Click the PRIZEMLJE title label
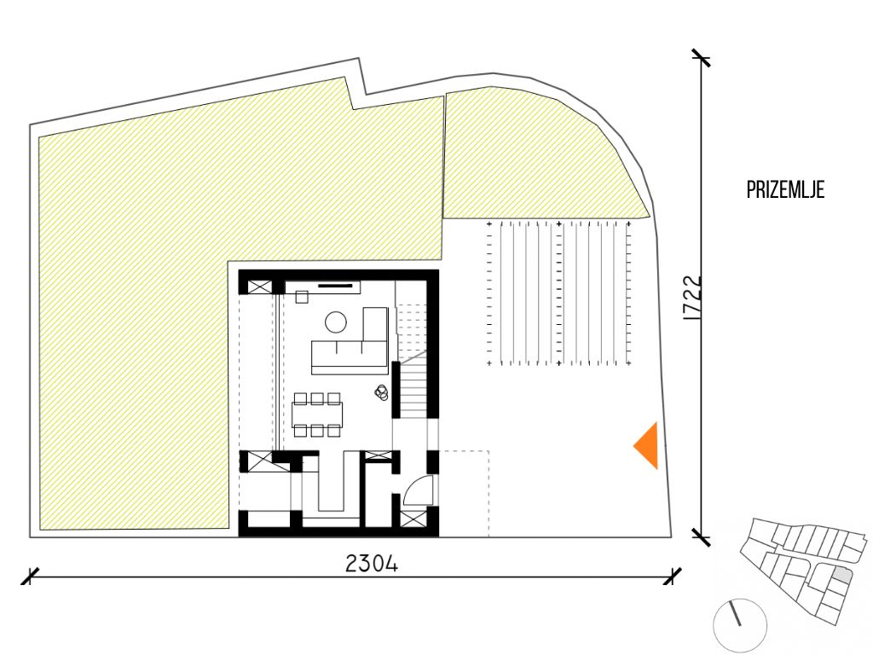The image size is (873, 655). [x=785, y=190]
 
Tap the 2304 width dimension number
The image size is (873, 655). [x=372, y=565]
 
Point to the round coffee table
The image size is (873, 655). [x=335, y=322]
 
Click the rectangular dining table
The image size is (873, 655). [x=317, y=414]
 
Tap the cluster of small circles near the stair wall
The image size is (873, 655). [x=381, y=392]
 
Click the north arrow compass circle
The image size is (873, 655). [x=741, y=625]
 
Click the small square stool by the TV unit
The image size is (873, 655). [x=302, y=298]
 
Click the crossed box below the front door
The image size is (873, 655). [x=413, y=519]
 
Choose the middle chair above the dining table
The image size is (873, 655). [x=317, y=397]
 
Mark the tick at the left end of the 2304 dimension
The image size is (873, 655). [x=30, y=577]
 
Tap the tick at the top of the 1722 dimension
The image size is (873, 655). [x=701, y=58]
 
